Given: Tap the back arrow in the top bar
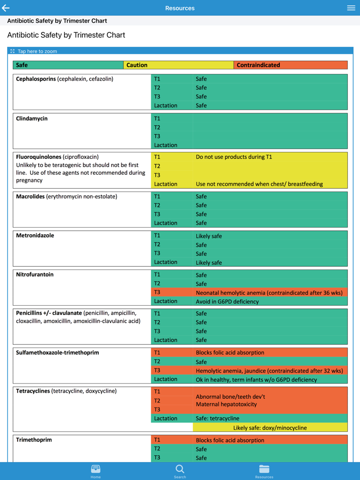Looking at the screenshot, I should [6, 8].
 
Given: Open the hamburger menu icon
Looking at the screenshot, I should [351, 8].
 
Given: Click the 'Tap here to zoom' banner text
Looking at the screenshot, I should [37, 51].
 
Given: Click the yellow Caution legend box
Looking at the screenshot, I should [178, 65].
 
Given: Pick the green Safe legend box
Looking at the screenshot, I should [68, 65].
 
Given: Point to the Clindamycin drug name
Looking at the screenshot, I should [32, 119].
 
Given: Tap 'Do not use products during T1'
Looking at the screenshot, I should [234, 157].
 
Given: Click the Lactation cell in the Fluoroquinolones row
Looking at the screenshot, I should [166, 184].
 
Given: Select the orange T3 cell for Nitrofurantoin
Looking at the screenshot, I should [172, 292].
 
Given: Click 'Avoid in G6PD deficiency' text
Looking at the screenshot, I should [227, 302].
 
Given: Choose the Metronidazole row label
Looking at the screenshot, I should [35, 235].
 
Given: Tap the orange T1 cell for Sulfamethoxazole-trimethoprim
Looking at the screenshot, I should [172, 353].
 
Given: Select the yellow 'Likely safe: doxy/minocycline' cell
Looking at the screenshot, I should [270, 428].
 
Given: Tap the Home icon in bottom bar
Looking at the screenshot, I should [96, 471].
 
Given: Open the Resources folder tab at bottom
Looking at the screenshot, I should [264, 471].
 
